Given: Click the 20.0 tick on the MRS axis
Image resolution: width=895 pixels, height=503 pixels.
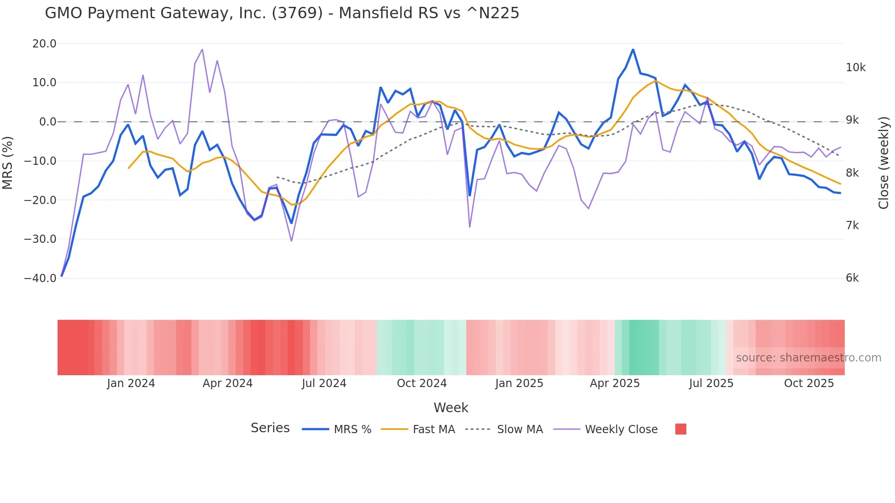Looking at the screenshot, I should point(44,44).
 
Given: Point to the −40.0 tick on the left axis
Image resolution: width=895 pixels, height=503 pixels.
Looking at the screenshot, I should point(40,278).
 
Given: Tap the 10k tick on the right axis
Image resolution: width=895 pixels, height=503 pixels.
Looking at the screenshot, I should point(855,68).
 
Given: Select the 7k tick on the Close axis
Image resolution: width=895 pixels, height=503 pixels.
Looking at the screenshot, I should point(852,225).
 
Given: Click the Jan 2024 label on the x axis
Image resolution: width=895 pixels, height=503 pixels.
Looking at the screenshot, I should point(131,383).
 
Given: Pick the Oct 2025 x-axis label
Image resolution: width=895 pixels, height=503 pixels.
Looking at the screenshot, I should point(809,383).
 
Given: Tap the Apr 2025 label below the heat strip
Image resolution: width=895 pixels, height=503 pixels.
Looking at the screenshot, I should point(615,383).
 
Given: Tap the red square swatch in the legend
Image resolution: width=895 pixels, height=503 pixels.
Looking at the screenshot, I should point(680,429).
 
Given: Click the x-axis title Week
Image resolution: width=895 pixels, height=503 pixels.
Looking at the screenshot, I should point(451,408).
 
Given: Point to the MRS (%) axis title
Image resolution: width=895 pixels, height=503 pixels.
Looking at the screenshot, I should point(8,162).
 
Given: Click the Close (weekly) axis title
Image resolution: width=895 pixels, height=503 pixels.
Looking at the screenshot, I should point(884,162).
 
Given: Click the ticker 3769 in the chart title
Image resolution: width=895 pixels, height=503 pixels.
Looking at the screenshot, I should point(297,13).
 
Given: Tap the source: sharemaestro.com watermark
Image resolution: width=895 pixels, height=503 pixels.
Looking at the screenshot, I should point(808,358).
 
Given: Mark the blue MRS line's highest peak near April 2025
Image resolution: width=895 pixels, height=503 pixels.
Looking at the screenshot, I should point(633,49).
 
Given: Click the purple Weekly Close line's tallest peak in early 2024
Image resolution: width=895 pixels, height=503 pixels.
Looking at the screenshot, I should point(202,49).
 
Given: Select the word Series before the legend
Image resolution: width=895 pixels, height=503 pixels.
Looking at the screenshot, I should point(270,428).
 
